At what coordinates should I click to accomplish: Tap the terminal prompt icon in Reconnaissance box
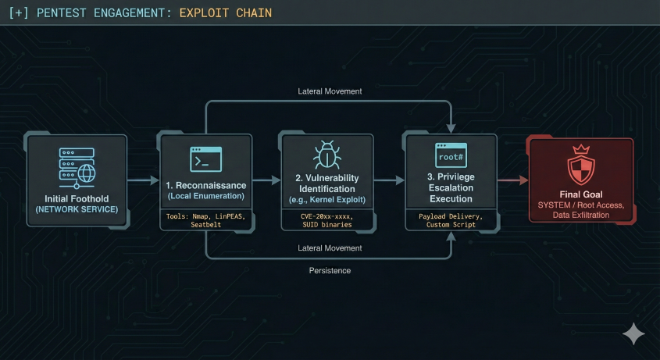click(x=205, y=159)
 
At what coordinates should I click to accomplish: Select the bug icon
click(x=326, y=155)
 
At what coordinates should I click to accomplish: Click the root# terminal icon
click(x=451, y=156)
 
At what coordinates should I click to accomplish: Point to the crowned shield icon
click(x=580, y=166)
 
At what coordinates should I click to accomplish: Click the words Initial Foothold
click(x=77, y=198)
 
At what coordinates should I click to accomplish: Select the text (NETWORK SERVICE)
click(x=77, y=209)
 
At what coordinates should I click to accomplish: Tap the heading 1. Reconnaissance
click(x=205, y=186)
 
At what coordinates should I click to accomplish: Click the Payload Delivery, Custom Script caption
click(x=450, y=219)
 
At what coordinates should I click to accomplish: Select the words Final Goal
click(x=580, y=194)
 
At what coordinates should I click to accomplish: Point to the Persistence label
click(x=330, y=270)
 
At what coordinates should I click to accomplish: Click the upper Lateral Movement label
click(x=330, y=91)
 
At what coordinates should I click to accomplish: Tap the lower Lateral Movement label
click(x=330, y=248)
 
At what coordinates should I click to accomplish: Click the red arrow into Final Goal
click(x=512, y=180)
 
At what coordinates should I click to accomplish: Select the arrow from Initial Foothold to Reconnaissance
click(x=142, y=180)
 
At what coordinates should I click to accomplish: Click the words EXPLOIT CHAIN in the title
click(x=226, y=13)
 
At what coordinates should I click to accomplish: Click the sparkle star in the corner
click(x=633, y=334)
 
